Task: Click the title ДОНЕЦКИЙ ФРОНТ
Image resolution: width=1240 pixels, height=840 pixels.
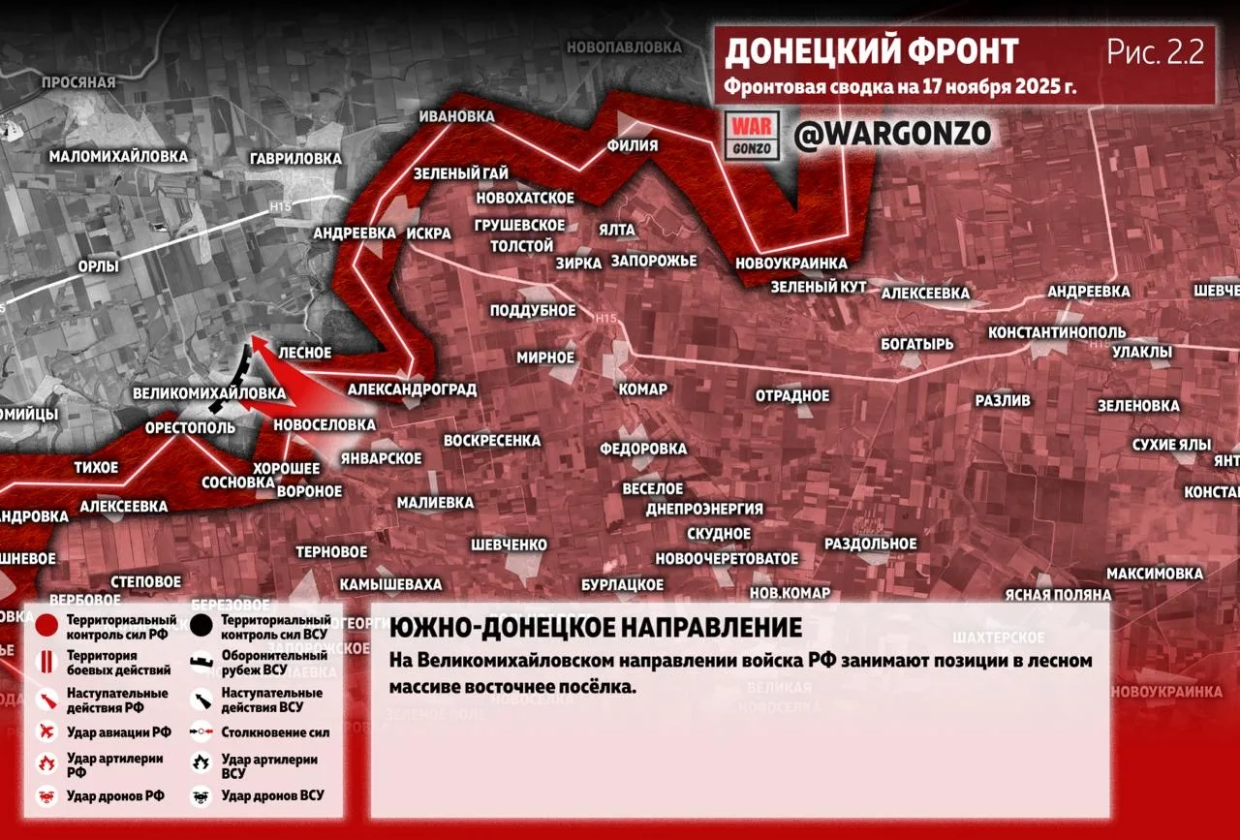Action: coord(872,51)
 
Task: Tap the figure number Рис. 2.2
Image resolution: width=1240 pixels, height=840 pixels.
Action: coord(1156,51)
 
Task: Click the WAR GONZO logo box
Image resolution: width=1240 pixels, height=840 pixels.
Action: coord(752,136)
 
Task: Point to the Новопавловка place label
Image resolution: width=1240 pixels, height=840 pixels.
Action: coord(624,47)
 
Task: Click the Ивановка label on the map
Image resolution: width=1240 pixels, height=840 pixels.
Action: coord(456,116)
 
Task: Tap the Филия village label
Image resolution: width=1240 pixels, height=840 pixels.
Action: coord(632,146)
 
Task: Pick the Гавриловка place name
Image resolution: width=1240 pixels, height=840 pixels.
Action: coord(295,158)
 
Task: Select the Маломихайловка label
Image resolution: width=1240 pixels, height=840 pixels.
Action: coord(118,156)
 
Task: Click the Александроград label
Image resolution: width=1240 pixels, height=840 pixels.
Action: coord(412,389)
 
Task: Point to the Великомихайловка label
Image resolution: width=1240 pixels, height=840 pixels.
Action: coord(209,393)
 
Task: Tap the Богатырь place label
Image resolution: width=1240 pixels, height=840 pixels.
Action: coord(916,344)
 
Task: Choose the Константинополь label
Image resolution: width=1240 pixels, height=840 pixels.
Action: coord(1056,332)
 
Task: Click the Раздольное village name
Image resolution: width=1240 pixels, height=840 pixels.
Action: coord(870,544)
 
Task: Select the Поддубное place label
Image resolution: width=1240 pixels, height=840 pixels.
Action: coord(532,310)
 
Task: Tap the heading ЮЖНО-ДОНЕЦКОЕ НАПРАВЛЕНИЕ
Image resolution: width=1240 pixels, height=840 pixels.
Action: coord(596,628)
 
